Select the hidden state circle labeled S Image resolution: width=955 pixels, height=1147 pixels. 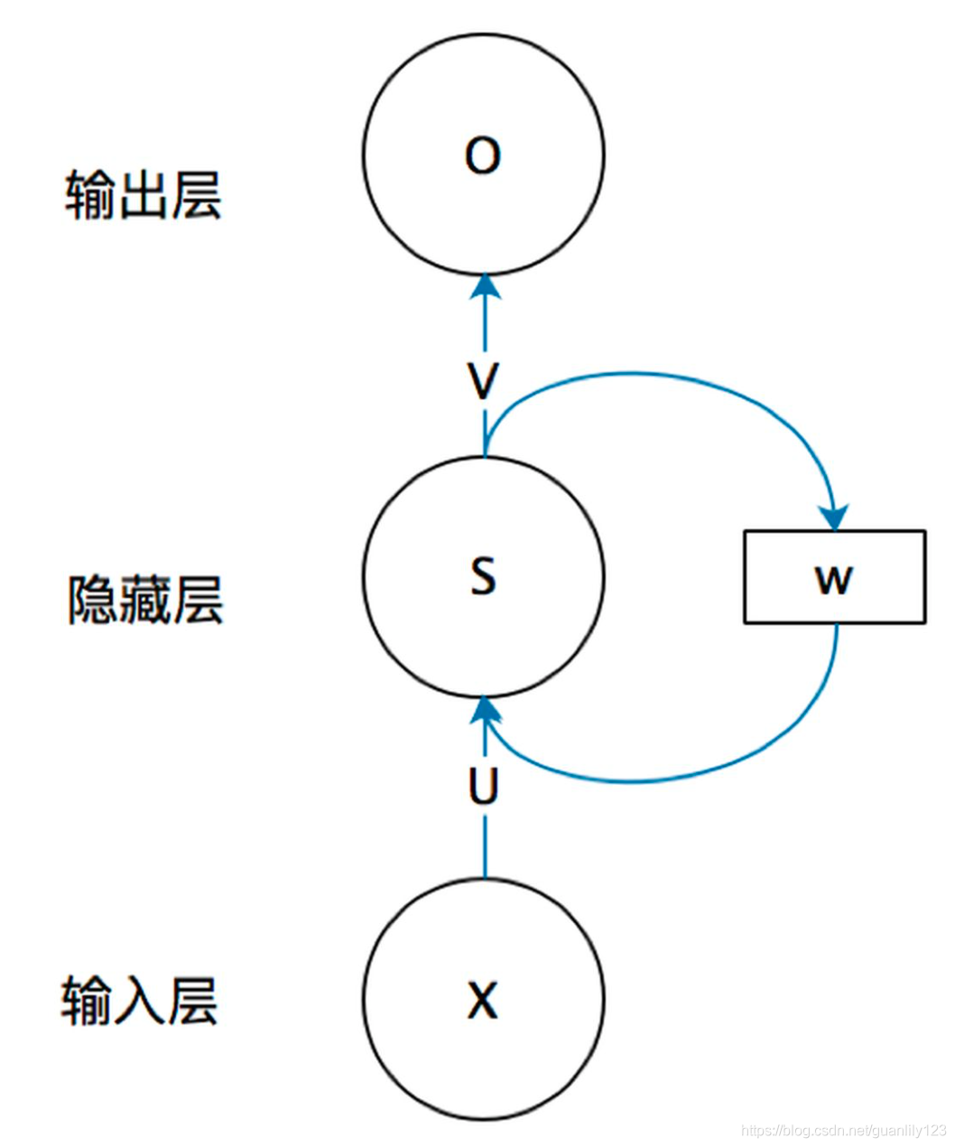pyautogui.click(x=483, y=575)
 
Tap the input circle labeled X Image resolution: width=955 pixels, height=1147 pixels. pyautogui.click(x=483, y=999)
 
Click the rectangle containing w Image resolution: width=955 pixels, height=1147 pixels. pyautogui.click(x=834, y=576)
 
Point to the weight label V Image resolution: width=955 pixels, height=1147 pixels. pyautogui.click(x=484, y=381)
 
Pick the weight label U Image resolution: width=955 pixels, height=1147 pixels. pyautogui.click(x=484, y=787)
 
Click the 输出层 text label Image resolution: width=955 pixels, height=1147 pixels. pyautogui.click(x=143, y=194)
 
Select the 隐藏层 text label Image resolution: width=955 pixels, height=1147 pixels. pyautogui.click(x=144, y=599)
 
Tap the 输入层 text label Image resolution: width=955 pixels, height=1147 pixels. pyautogui.click(x=140, y=1001)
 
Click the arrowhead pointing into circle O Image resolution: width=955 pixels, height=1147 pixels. pyautogui.click(x=486, y=286)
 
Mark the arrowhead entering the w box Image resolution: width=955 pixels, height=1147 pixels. pyautogui.click(x=835, y=518)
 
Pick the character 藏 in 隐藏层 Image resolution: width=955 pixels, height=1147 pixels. pyautogui.click(x=144, y=599)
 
